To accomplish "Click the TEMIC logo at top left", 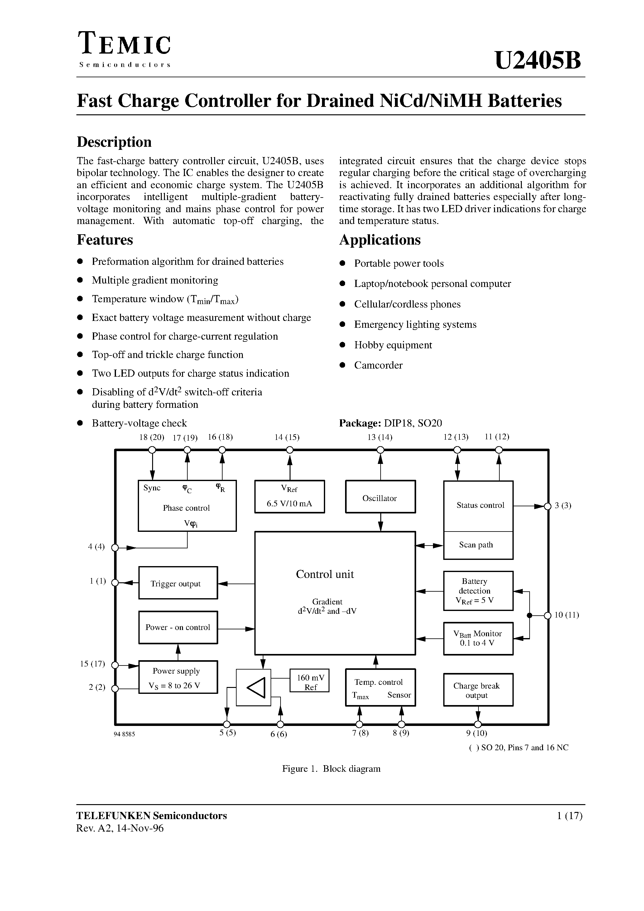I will coord(125,45).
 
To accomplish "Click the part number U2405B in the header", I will coord(538,61).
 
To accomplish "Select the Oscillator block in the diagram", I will coord(380,497).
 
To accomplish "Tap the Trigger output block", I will coord(178,583).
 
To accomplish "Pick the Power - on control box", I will coord(178,627).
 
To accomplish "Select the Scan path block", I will coord(478,545).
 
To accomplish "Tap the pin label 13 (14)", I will coord(380,437).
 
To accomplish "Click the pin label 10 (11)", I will coord(567,615).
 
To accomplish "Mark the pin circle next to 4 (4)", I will coord(115,547).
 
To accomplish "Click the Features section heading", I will coord(105,240).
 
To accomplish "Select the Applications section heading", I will coord(380,240).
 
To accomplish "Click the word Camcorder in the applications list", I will coord(378,365).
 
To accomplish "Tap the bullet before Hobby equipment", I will coord(343,345).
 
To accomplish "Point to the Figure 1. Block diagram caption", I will coord(331,769).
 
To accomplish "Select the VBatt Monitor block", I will coord(478,638).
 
